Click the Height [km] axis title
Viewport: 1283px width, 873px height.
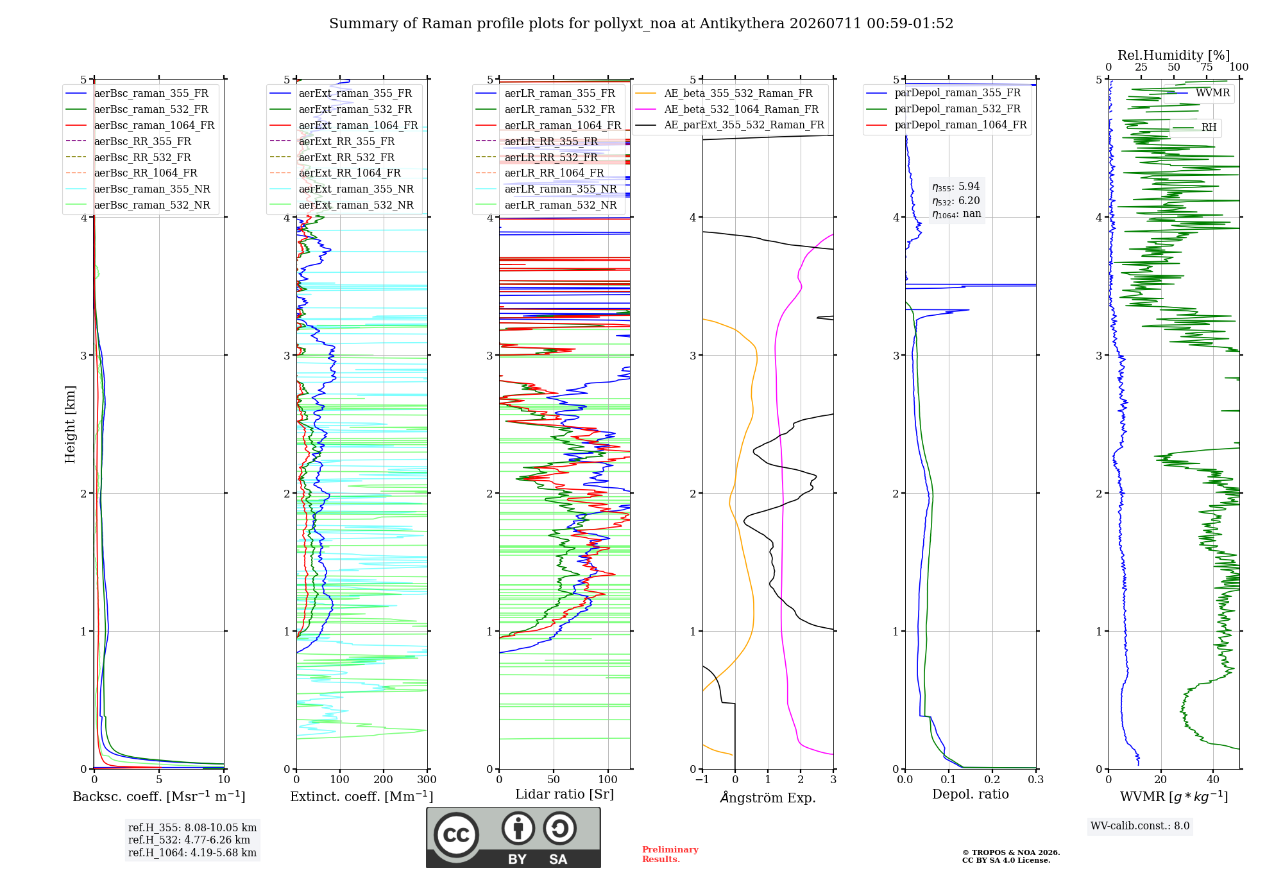click(70, 424)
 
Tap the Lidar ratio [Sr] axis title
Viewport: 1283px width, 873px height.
click(565, 794)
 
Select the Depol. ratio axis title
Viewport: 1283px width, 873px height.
click(971, 794)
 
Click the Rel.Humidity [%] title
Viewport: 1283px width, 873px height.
click(1174, 55)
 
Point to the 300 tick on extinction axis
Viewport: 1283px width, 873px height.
click(427, 779)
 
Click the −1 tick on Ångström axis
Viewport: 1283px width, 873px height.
click(702, 779)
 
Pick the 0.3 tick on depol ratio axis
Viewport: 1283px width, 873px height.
click(1035, 779)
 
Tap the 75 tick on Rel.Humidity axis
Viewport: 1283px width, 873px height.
click(1207, 67)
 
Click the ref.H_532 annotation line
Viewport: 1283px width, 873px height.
click(189, 840)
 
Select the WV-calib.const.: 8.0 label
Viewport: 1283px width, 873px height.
click(1140, 825)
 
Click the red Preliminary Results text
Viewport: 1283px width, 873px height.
click(670, 854)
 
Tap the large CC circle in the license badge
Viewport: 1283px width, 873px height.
click(456, 835)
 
